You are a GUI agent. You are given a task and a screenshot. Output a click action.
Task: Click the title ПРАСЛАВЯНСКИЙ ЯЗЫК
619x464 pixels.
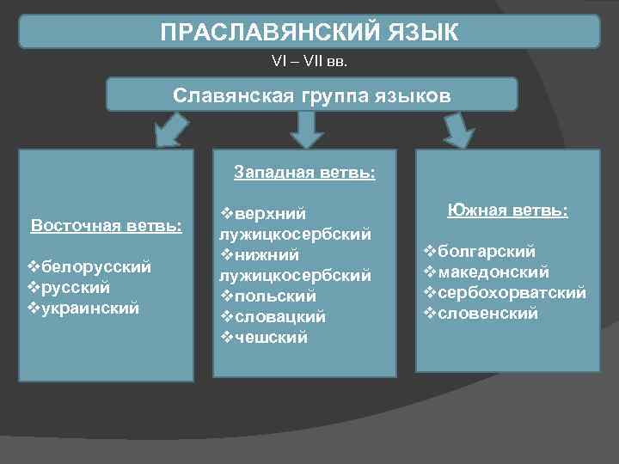point(309,33)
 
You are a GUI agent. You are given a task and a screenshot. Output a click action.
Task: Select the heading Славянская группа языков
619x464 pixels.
point(311,94)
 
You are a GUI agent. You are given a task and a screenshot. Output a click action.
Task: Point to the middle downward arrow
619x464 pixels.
point(305,129)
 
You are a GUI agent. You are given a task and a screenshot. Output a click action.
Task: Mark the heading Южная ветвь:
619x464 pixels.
point(507,211)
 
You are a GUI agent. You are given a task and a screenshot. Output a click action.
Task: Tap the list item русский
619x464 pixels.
point(83,286)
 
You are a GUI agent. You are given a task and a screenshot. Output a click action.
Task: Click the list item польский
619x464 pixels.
point(274,296)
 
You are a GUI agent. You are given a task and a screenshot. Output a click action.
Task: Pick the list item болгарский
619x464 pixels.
point(486,252)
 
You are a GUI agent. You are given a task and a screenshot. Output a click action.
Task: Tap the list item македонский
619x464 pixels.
point(493,272)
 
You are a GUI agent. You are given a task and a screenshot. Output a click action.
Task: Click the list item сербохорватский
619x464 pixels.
point(512,293)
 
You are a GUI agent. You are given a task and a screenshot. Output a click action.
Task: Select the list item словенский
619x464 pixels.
point(487,314)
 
